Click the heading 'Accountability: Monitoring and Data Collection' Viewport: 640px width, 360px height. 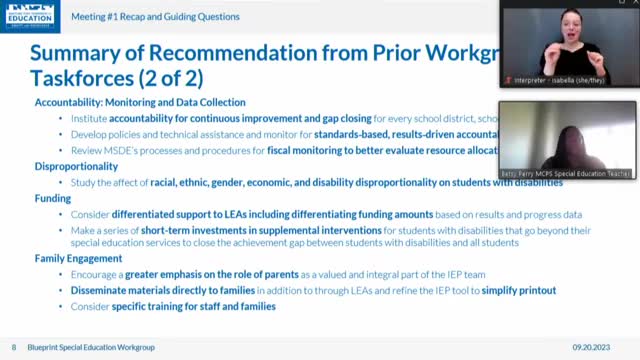tap(140, 102)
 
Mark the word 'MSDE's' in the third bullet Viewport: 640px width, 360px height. tap(110, 150)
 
